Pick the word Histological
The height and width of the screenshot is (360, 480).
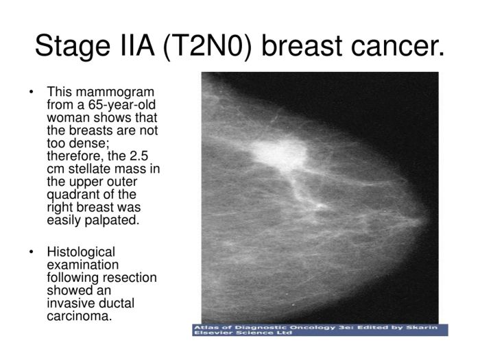[x=81, y=252]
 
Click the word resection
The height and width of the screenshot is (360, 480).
[x=132, y=277]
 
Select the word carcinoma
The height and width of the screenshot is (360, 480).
[x=78, y=315]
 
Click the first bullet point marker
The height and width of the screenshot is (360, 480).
[x=31, y=92]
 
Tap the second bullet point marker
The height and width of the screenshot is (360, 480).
[x=31, y=252]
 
